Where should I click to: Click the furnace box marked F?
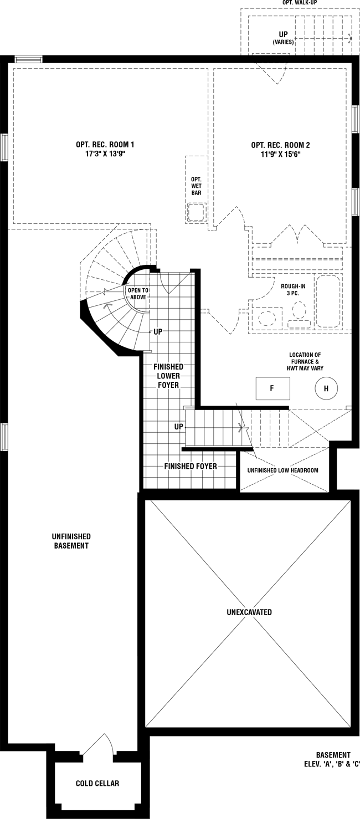pos(272,388)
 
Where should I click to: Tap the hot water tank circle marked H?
pos(326,388)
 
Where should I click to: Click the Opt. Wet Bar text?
pos(196,186)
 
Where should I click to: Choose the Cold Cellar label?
pos(97,783)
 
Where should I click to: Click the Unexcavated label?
pos(249,612)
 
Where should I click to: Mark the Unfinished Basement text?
pos(71,541)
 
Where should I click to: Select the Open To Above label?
pos(138,294)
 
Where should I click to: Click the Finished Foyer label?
pos(191,466)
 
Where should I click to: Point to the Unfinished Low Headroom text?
pos(283,470)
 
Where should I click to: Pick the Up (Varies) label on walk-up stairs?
pos(283,38)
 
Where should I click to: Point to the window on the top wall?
pos(28,59)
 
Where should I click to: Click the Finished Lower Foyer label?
pos(168,376)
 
